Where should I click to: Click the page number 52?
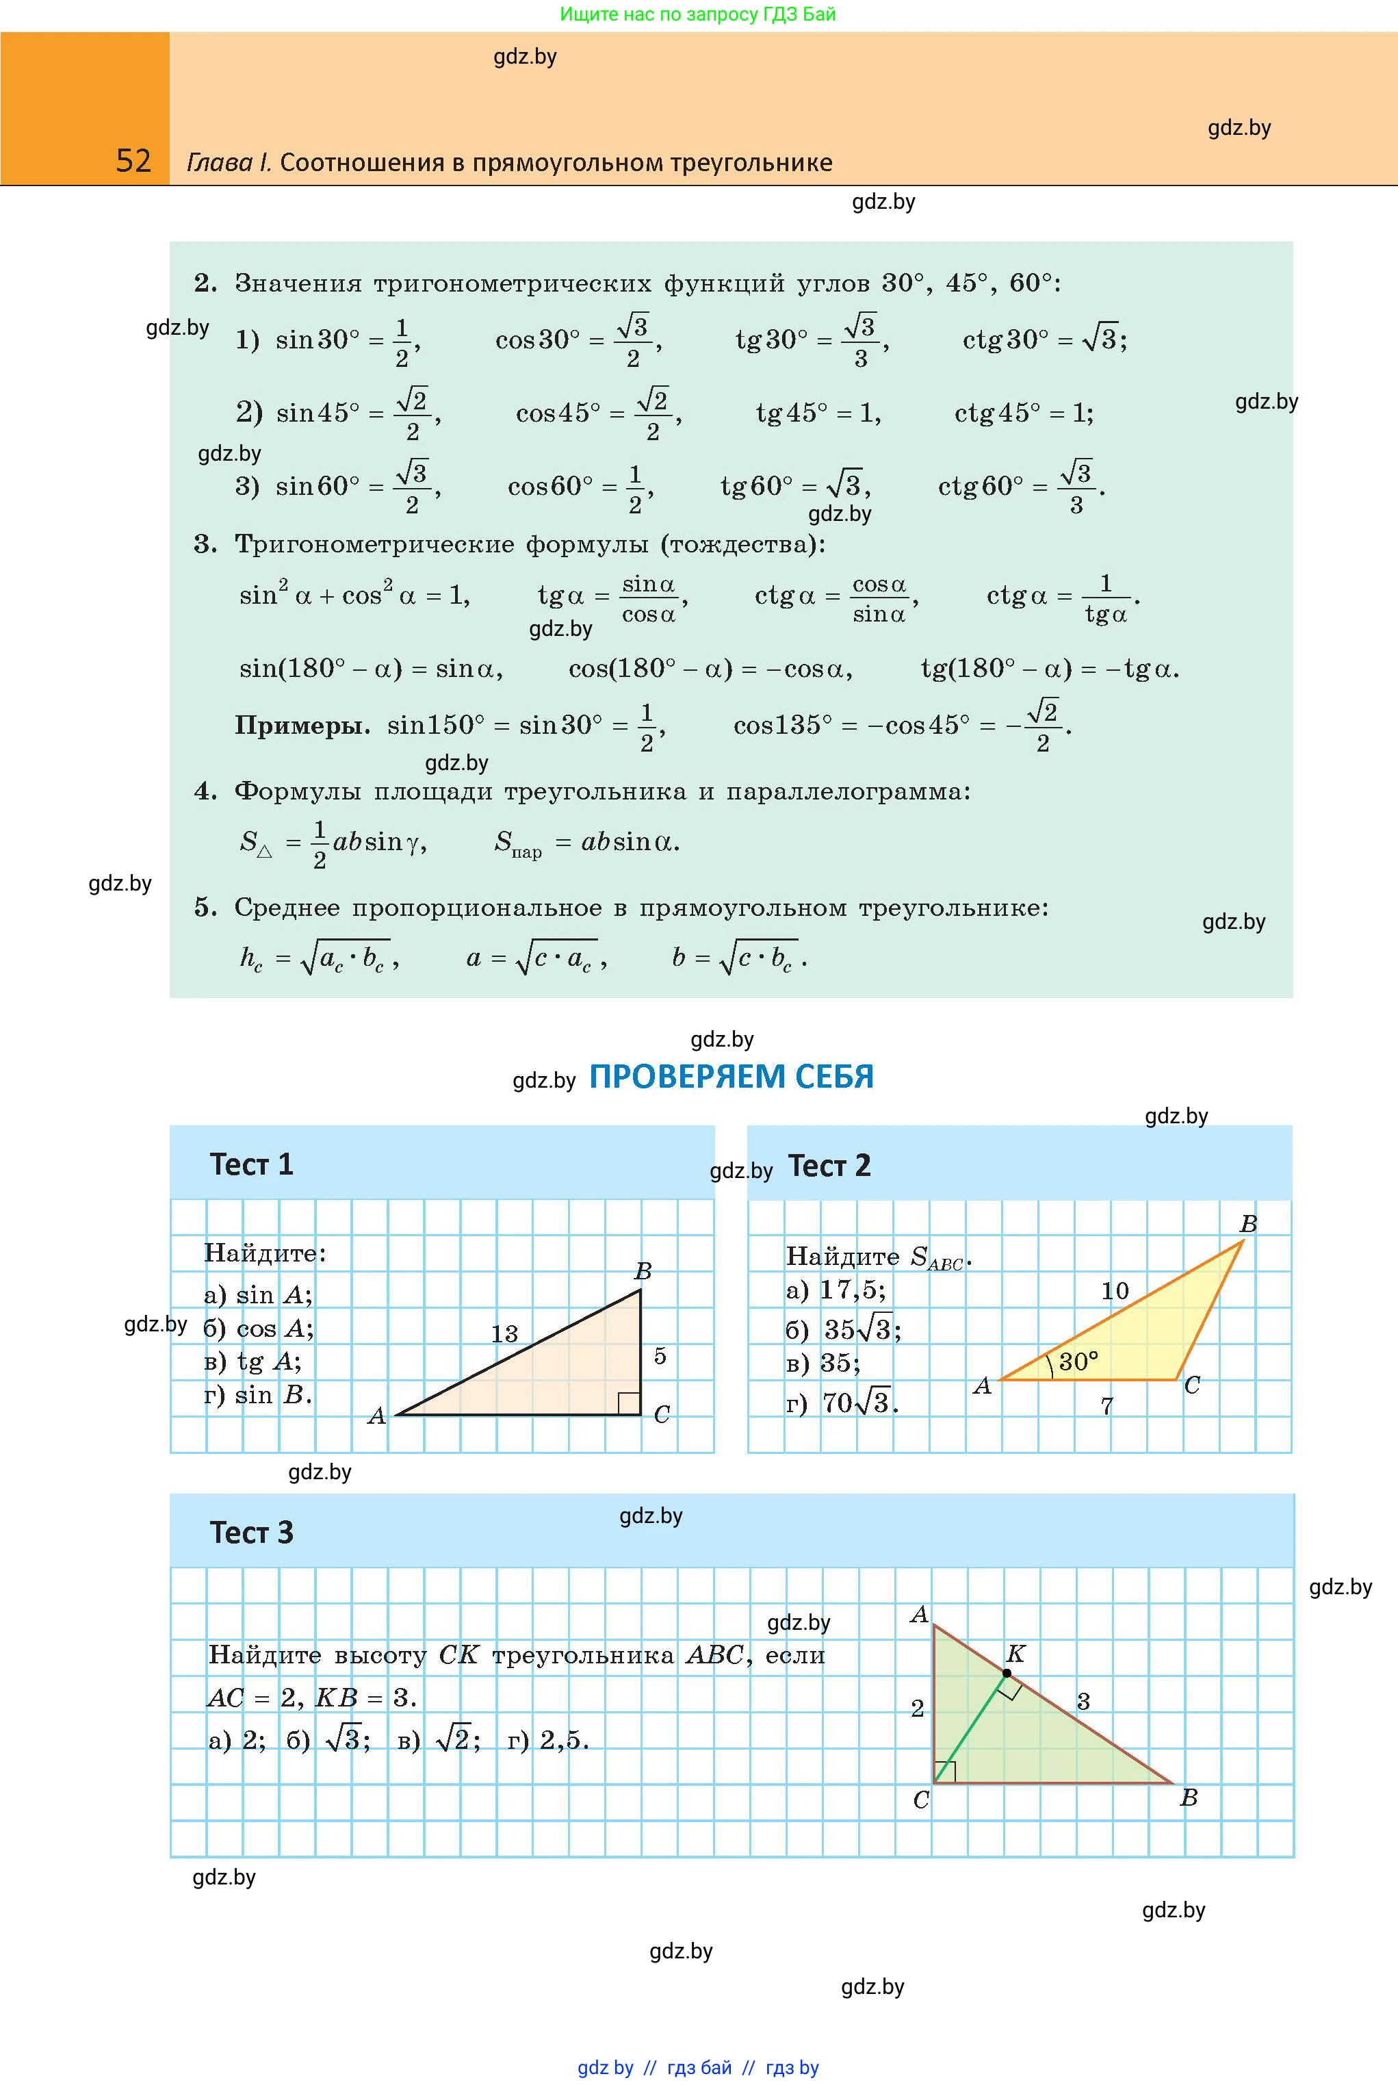click(x=133, y=161)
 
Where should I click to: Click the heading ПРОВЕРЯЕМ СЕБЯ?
click(x=731, y=1077)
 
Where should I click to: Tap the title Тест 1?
click(x=251, y=1164)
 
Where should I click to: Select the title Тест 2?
click(x=829, y=1166)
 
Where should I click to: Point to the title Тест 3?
click(x=251, y=1532)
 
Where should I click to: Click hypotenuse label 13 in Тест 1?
click(x=504, y=1333)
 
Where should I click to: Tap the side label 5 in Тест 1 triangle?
click(x=660, y=1355)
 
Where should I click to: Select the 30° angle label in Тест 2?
click(x=1078, y=1361)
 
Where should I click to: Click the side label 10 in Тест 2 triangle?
click(x=1115, y=1290)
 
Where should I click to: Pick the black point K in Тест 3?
click(x=1007, y=1673)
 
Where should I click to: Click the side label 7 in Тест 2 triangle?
click(x=1106, y=1407)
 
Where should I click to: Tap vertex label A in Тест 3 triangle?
click(x=919, y=1614)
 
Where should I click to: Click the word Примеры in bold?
click(x=302, y=726)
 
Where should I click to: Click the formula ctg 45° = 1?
click(x=1024, y=413)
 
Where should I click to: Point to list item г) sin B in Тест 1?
click(x=258, y=1395)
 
